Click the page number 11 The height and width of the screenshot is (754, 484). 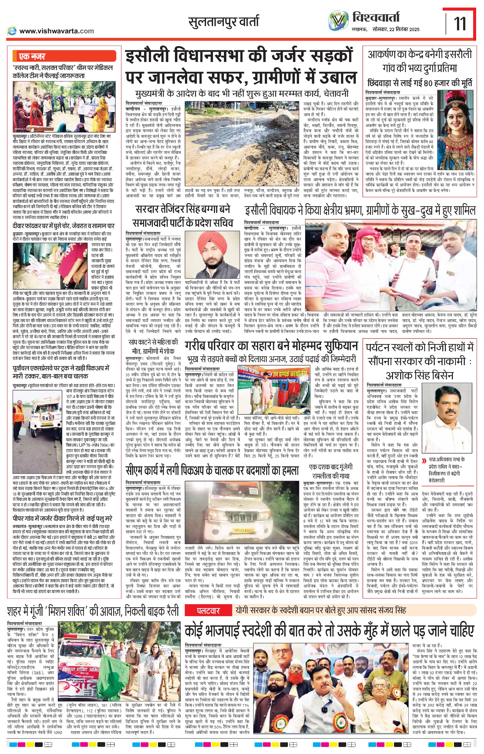(460, 24)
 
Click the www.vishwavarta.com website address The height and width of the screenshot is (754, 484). (56, 31)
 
